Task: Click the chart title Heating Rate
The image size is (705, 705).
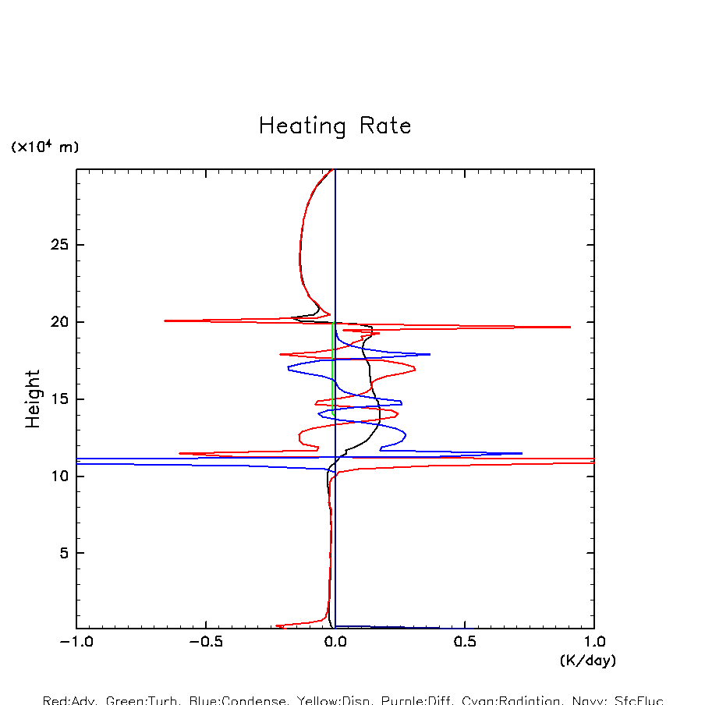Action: pos(335,126)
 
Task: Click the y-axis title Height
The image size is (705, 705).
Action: pos(33,399)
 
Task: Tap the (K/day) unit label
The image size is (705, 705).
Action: pos(588,661)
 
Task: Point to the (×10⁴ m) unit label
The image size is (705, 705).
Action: pos(44,147)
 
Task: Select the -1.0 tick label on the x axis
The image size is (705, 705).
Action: pos(76,644)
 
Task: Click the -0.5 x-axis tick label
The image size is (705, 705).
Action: pos(206,644)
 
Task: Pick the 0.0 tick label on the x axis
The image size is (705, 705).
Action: pos(335,644)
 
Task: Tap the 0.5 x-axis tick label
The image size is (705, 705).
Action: pos(465,644)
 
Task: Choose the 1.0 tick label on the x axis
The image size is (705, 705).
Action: pos(594,644)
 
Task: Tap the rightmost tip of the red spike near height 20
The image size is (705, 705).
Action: pos(570,327)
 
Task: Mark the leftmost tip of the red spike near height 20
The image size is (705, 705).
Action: pos(165,321)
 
